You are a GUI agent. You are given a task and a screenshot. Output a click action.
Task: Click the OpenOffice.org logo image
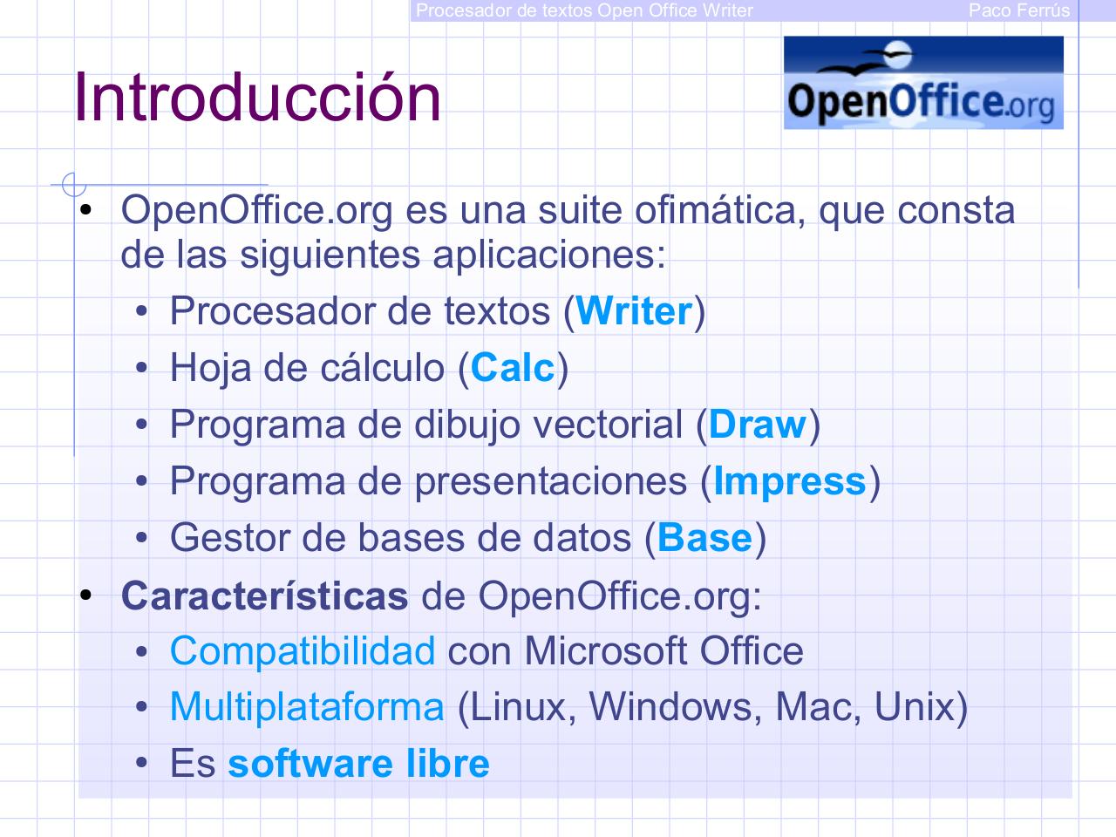[923, 83]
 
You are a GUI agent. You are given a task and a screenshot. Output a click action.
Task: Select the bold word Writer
[634, 311]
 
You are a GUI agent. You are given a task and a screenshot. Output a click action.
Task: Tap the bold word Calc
[513, 368]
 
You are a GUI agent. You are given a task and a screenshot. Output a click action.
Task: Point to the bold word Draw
[758, 425]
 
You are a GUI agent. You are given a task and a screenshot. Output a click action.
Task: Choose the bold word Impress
[790, 481]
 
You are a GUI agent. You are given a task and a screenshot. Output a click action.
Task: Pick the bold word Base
[704, 538]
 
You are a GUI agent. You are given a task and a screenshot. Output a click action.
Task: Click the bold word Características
[264, 595]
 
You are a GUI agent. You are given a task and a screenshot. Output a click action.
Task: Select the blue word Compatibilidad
[302, 651]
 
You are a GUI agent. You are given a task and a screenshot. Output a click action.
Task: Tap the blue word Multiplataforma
[307, 706]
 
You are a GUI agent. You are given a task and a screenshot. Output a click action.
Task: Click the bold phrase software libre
[358, 764]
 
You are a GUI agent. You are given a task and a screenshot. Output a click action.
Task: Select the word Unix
[914, 706]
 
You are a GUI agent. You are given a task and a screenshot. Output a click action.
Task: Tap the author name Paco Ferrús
[1019, 10]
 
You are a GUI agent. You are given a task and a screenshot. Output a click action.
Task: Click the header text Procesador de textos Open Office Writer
[584, 10]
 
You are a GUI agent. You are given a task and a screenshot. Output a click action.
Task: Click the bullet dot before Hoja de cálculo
[142, 368]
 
